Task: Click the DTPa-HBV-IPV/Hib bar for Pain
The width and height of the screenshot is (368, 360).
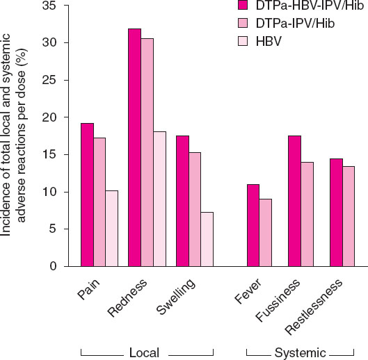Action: point(87,195)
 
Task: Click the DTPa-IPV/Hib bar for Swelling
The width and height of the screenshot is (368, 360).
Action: point(195,209)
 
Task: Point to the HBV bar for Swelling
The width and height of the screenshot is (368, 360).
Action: point(207,239)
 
